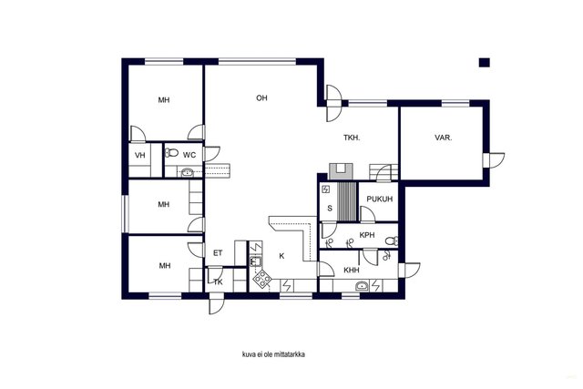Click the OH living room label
[261, 98]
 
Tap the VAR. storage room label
[444, 138]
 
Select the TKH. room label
[352, 138]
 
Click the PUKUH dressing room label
[380, 199]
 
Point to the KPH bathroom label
[367, 235]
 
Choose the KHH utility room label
[352, 270]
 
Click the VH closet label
[140, 155]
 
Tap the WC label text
[189, 155]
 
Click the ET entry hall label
[218, 253]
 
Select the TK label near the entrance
[219, 282]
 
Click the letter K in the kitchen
[281, 256]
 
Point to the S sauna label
[330, 209]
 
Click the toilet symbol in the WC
[171, 152]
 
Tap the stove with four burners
[263, 278]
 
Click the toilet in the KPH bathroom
[392, 241]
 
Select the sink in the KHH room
[363, 286]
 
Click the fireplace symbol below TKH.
[341, 172]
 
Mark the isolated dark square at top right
[484, 63]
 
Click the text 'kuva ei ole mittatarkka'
[273, 354]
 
